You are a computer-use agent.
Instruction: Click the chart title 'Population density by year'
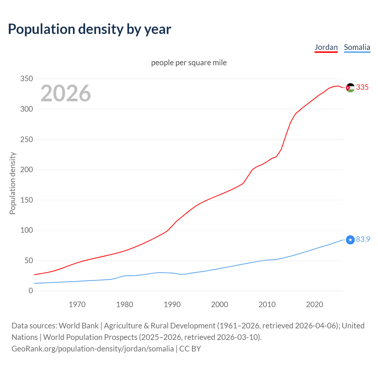click(89, 29)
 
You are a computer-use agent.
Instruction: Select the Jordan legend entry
click(326, 47)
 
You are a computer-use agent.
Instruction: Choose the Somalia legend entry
click(357, 47)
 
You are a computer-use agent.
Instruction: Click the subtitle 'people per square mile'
click(189, 63)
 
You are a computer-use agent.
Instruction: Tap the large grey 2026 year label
click(66, 93)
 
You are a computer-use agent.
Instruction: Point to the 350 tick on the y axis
click(27, 79)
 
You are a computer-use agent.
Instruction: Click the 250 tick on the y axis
click(27, 139)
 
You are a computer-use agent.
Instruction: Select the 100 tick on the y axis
click(27, 230)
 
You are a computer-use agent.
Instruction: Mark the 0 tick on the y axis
click(31, 291)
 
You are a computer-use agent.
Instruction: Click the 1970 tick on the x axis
click(77, 304)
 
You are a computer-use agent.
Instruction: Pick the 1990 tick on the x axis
click(172, 304)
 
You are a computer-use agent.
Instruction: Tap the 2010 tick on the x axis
click(267, 304)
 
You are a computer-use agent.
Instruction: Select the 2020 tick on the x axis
click(315, 304)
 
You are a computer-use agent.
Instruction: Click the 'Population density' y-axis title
click(12, 183)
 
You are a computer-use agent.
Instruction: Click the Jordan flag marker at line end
click(350, 88)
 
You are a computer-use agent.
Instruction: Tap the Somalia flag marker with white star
click(350, 240)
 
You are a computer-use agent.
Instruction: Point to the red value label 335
click(362, 87)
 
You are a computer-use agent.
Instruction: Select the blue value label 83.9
click(363, 239)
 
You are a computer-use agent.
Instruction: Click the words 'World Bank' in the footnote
click(79, 326)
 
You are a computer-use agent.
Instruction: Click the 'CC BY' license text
click(190, 349)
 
